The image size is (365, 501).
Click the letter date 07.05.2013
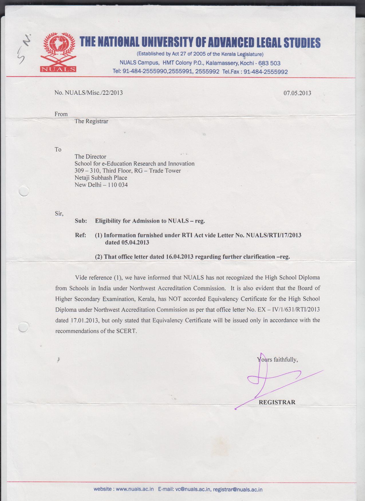[297, 93]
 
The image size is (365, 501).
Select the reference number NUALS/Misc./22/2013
[94, 93]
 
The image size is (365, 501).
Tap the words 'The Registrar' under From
[91, 121]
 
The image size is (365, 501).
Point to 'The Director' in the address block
[90, 157]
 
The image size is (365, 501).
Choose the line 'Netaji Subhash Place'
[101, 178]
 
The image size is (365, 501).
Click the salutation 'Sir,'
[59, 214]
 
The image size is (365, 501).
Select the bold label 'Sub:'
[81, 221]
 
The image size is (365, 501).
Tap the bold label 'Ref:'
[80, 235]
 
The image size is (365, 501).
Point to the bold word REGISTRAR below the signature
[277, 402]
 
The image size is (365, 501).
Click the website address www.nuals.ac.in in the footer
[135, 489]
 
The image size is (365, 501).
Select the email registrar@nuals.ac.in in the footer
[238, 490]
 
